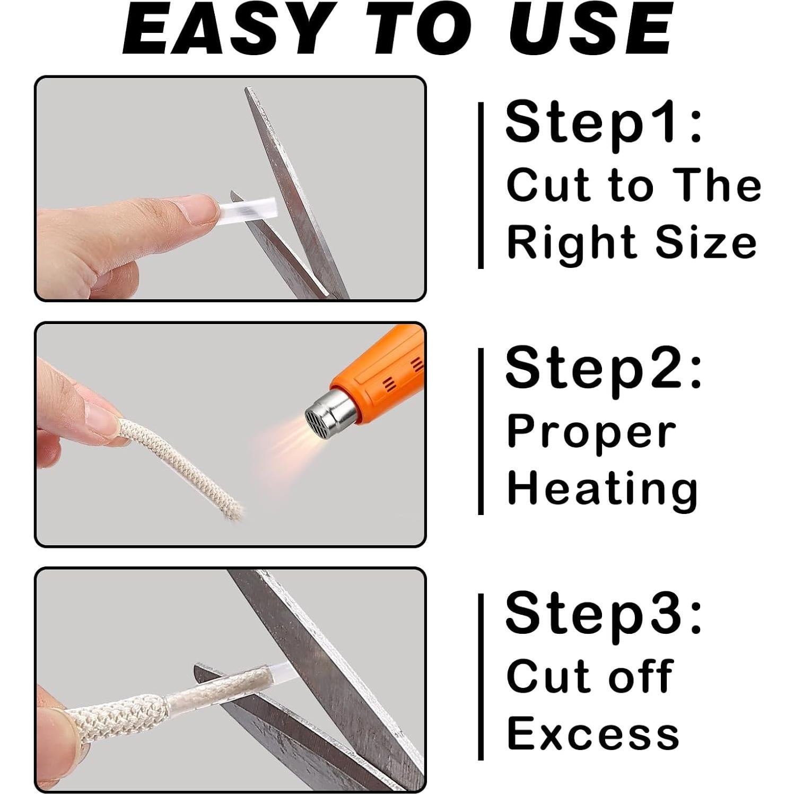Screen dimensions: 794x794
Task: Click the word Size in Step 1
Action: (705, 242)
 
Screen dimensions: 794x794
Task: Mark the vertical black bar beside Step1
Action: (481, 186)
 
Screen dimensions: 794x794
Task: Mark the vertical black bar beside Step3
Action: (481, 676)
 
